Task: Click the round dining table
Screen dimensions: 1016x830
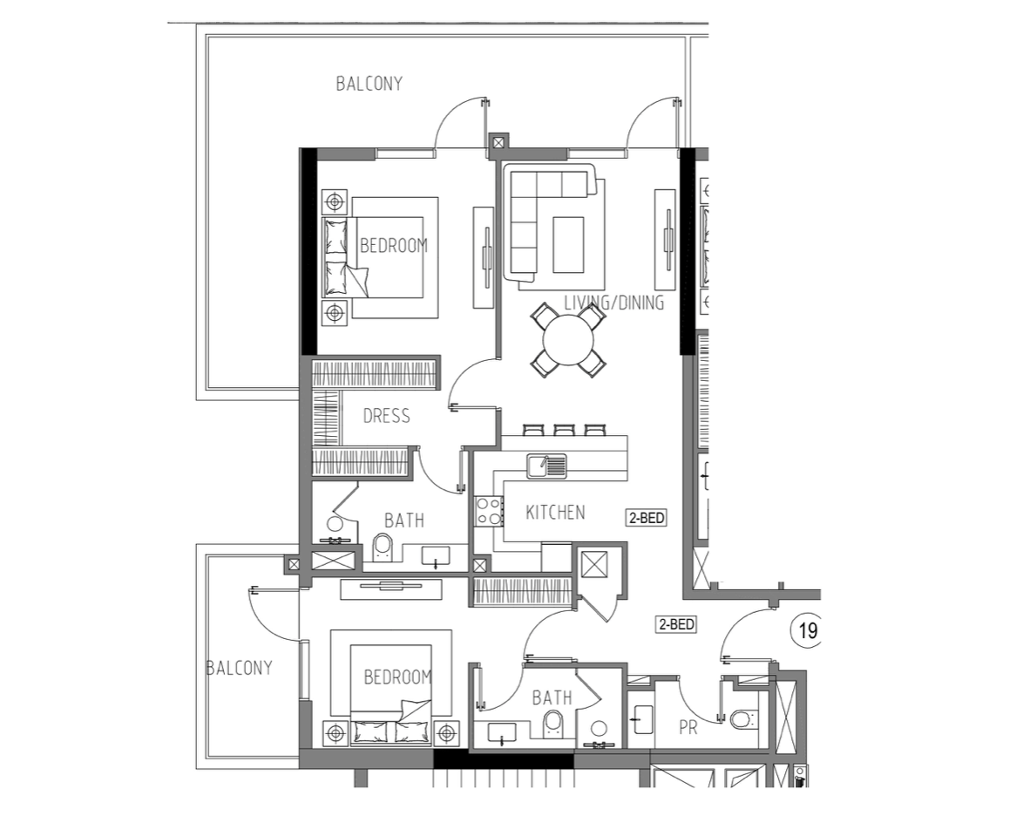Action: point(568,340)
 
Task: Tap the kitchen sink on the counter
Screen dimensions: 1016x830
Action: point(545,466)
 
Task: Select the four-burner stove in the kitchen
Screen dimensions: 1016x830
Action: point(489,510)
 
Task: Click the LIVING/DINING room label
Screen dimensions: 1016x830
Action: point(613,303)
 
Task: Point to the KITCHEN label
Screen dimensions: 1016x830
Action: point(555,513)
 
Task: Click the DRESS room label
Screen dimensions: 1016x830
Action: point(386,416)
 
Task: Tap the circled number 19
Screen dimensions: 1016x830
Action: point(808,630)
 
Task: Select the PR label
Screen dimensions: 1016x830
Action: point(688,728)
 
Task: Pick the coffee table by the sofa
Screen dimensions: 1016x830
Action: point(568,244)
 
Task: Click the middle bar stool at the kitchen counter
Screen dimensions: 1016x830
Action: point(564,429)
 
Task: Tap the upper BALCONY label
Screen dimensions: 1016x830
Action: point(369,84)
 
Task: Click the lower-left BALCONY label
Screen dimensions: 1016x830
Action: point(239,668)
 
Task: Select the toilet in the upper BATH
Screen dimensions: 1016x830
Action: point(383,547)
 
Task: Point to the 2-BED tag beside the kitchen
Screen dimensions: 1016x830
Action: point(646,518)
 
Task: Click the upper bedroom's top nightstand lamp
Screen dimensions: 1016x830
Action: point(335,202)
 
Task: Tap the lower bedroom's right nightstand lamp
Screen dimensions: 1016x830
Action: point(445,732)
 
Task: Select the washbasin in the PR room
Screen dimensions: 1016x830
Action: point(643,720)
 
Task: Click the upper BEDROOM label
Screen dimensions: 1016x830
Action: point(394,245)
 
